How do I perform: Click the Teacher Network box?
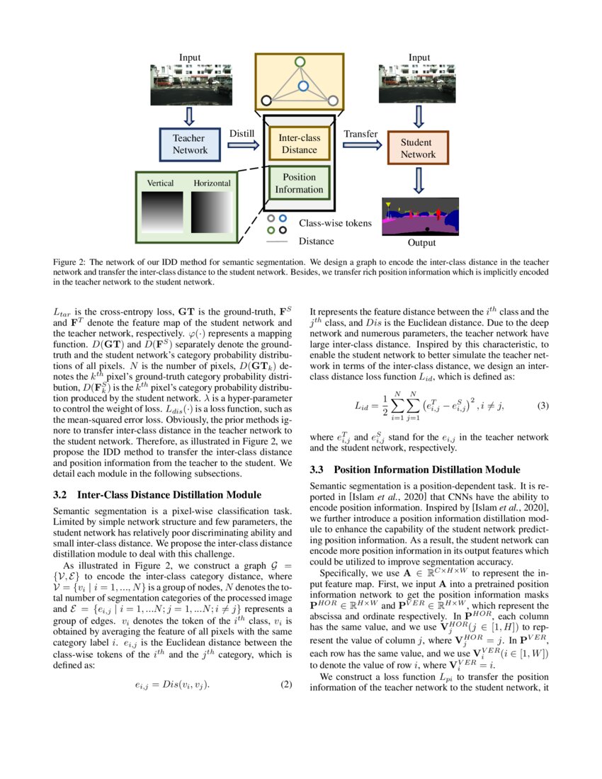coord(190,144)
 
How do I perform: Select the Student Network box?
coord(418,148)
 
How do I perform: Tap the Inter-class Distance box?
coord(299,144)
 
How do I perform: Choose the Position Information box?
coord(299,183)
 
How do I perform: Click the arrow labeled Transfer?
coord(361,146)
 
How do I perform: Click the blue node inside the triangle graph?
coord(302,86)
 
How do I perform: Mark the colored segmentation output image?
coord(418,217)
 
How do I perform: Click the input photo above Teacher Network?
coord(190,86)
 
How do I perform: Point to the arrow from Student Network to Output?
coord(418,180)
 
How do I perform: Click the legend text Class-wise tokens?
coord(334,223)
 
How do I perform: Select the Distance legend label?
coord(316,241)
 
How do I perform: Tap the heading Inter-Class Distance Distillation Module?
coord(169,494)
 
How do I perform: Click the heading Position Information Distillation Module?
coord(426,470)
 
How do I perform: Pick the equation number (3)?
coord(543,406)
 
